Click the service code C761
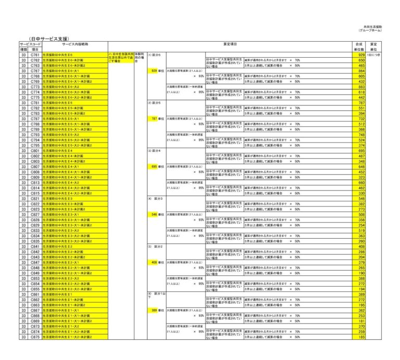[x=35, y=55]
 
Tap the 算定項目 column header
[x=230, y=44]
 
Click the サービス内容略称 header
[x=74, y=44]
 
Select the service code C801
[x=35, y=151]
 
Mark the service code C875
[x=35, y=337]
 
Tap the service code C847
[x=35, y=262]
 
